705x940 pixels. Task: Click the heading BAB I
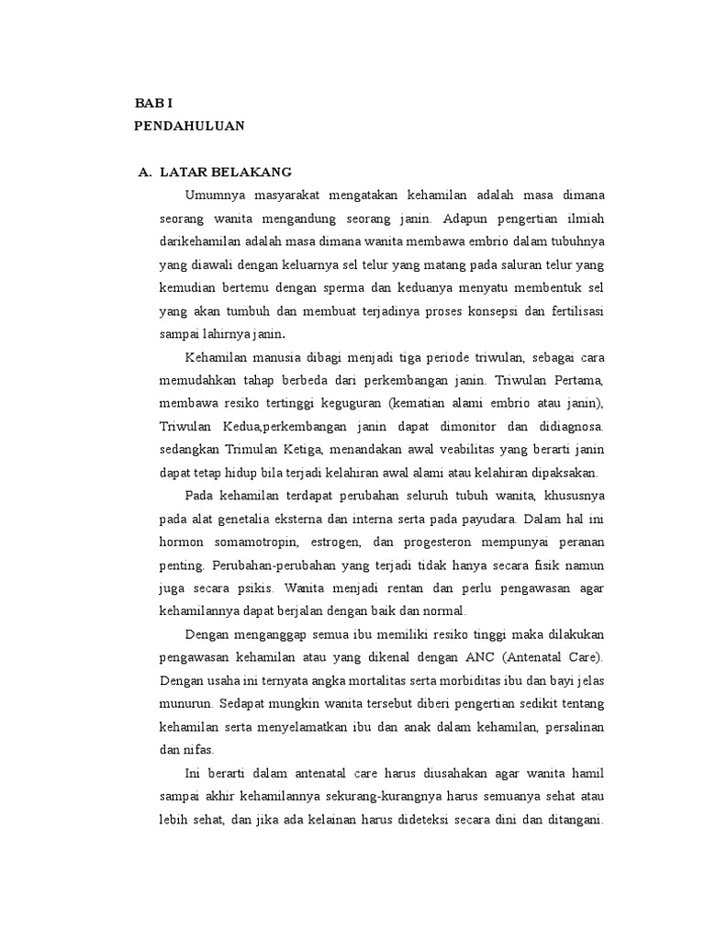point(152,106)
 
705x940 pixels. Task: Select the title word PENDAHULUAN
point(189,127)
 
